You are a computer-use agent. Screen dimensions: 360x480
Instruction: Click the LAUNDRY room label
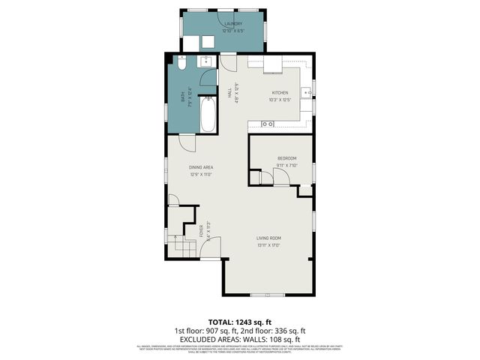[x=233, y=24]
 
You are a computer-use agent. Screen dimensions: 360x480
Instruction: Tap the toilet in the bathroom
[x=181, y=64]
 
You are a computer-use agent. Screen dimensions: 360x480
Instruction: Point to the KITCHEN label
[x=280, y=93]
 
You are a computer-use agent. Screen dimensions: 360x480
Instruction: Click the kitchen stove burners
[x=267, y=123]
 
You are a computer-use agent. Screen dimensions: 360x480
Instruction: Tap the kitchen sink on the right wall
[x=306, y=94]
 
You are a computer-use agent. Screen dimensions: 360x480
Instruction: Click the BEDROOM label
[x=287, y=158]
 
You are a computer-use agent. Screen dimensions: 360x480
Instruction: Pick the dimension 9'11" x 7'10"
[x=287, y=165]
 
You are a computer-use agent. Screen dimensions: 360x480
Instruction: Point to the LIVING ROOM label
[x=268, y=238]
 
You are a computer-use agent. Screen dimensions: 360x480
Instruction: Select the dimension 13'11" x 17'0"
[x=268, y=245]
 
